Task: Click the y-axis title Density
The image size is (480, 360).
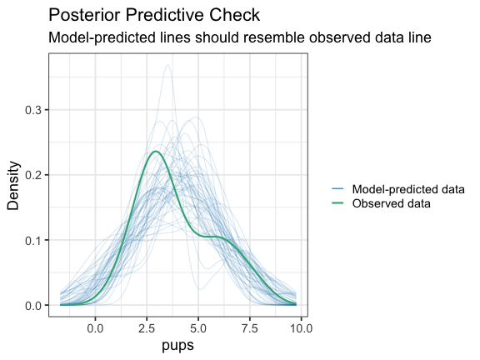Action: tap(13, 186)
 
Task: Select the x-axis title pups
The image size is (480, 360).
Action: tap(177, 346)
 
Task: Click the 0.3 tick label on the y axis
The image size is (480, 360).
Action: tap(33, 110)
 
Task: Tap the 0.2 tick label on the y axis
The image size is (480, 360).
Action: tap(33, 175)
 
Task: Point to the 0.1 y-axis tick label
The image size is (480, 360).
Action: tap(33, 240)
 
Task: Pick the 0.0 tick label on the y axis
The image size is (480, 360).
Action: tap(33, 306)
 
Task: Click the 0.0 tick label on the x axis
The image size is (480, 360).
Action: tap(95, 328)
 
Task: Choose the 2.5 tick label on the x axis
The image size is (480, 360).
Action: tap(147, 328)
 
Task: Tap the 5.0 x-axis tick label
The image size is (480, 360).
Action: tap(198, 328)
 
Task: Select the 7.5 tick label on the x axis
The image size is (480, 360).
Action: tap(250, 328)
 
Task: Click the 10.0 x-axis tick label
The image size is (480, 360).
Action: tap(301, 328)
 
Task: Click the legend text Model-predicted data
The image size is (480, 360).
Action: tap(408, 189)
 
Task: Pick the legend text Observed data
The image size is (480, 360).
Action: tap(391, 203)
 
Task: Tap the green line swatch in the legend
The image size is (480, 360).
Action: tap(337, 203)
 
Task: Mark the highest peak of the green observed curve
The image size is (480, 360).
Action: tap(156, 151)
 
